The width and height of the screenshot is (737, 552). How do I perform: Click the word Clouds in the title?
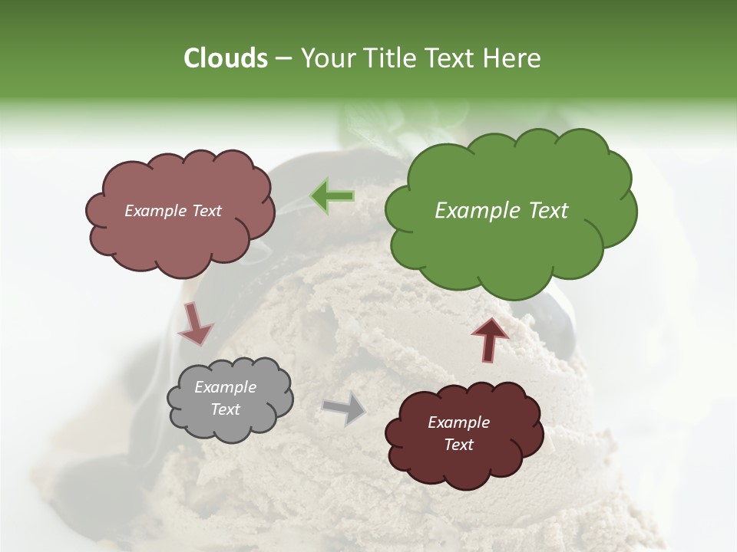pos(225,58)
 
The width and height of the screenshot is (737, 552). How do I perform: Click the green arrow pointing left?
pos(332,196)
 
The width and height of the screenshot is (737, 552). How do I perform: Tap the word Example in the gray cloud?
pos(225,387)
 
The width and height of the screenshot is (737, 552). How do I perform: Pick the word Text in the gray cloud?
pos(225,409)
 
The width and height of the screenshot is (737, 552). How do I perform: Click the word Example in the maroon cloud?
pos(458,422)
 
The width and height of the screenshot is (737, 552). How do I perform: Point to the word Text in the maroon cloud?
pos(458,445)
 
